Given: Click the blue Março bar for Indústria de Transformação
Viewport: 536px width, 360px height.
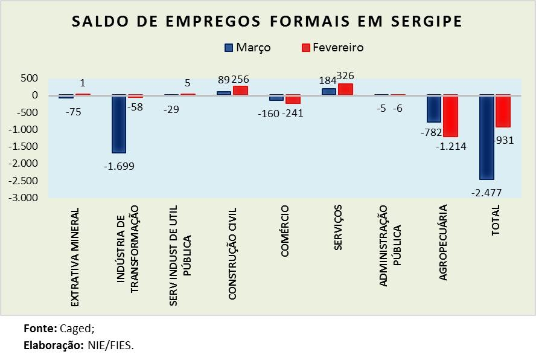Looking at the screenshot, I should (120, 124).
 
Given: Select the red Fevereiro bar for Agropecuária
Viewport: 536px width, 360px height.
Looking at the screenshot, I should (450, 116).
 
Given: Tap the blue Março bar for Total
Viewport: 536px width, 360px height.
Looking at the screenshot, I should (487, 137).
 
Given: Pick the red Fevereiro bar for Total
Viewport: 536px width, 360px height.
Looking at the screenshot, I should (503, 111).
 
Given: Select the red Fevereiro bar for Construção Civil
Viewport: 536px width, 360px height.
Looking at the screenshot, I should (240, 91).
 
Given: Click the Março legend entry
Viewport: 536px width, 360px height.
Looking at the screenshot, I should (247, 47).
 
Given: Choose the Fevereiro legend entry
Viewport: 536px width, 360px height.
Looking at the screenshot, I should (331, 47).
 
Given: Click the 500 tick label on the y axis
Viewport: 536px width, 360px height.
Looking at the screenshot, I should (29, 79).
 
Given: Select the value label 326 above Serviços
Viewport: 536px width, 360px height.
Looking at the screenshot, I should (345, 76).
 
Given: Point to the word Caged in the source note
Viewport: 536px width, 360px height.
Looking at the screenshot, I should (76, 329).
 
